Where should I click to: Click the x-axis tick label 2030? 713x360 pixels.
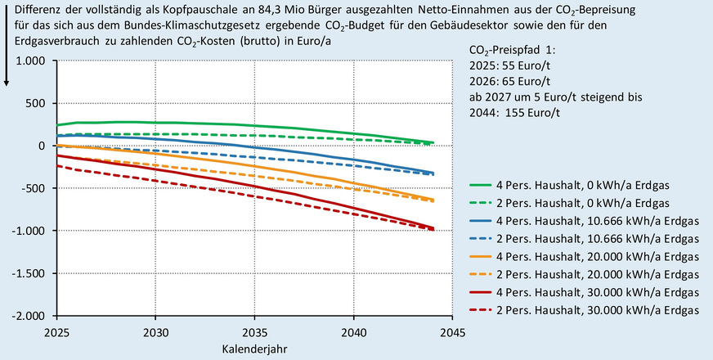155,333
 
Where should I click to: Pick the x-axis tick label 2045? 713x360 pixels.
452,333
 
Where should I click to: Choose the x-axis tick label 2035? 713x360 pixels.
254,333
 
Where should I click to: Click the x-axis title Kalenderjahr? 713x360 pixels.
253,349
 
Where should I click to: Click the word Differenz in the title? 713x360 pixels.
32,10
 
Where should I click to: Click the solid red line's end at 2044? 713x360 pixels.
432,228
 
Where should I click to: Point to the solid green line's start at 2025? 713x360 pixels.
56,125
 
